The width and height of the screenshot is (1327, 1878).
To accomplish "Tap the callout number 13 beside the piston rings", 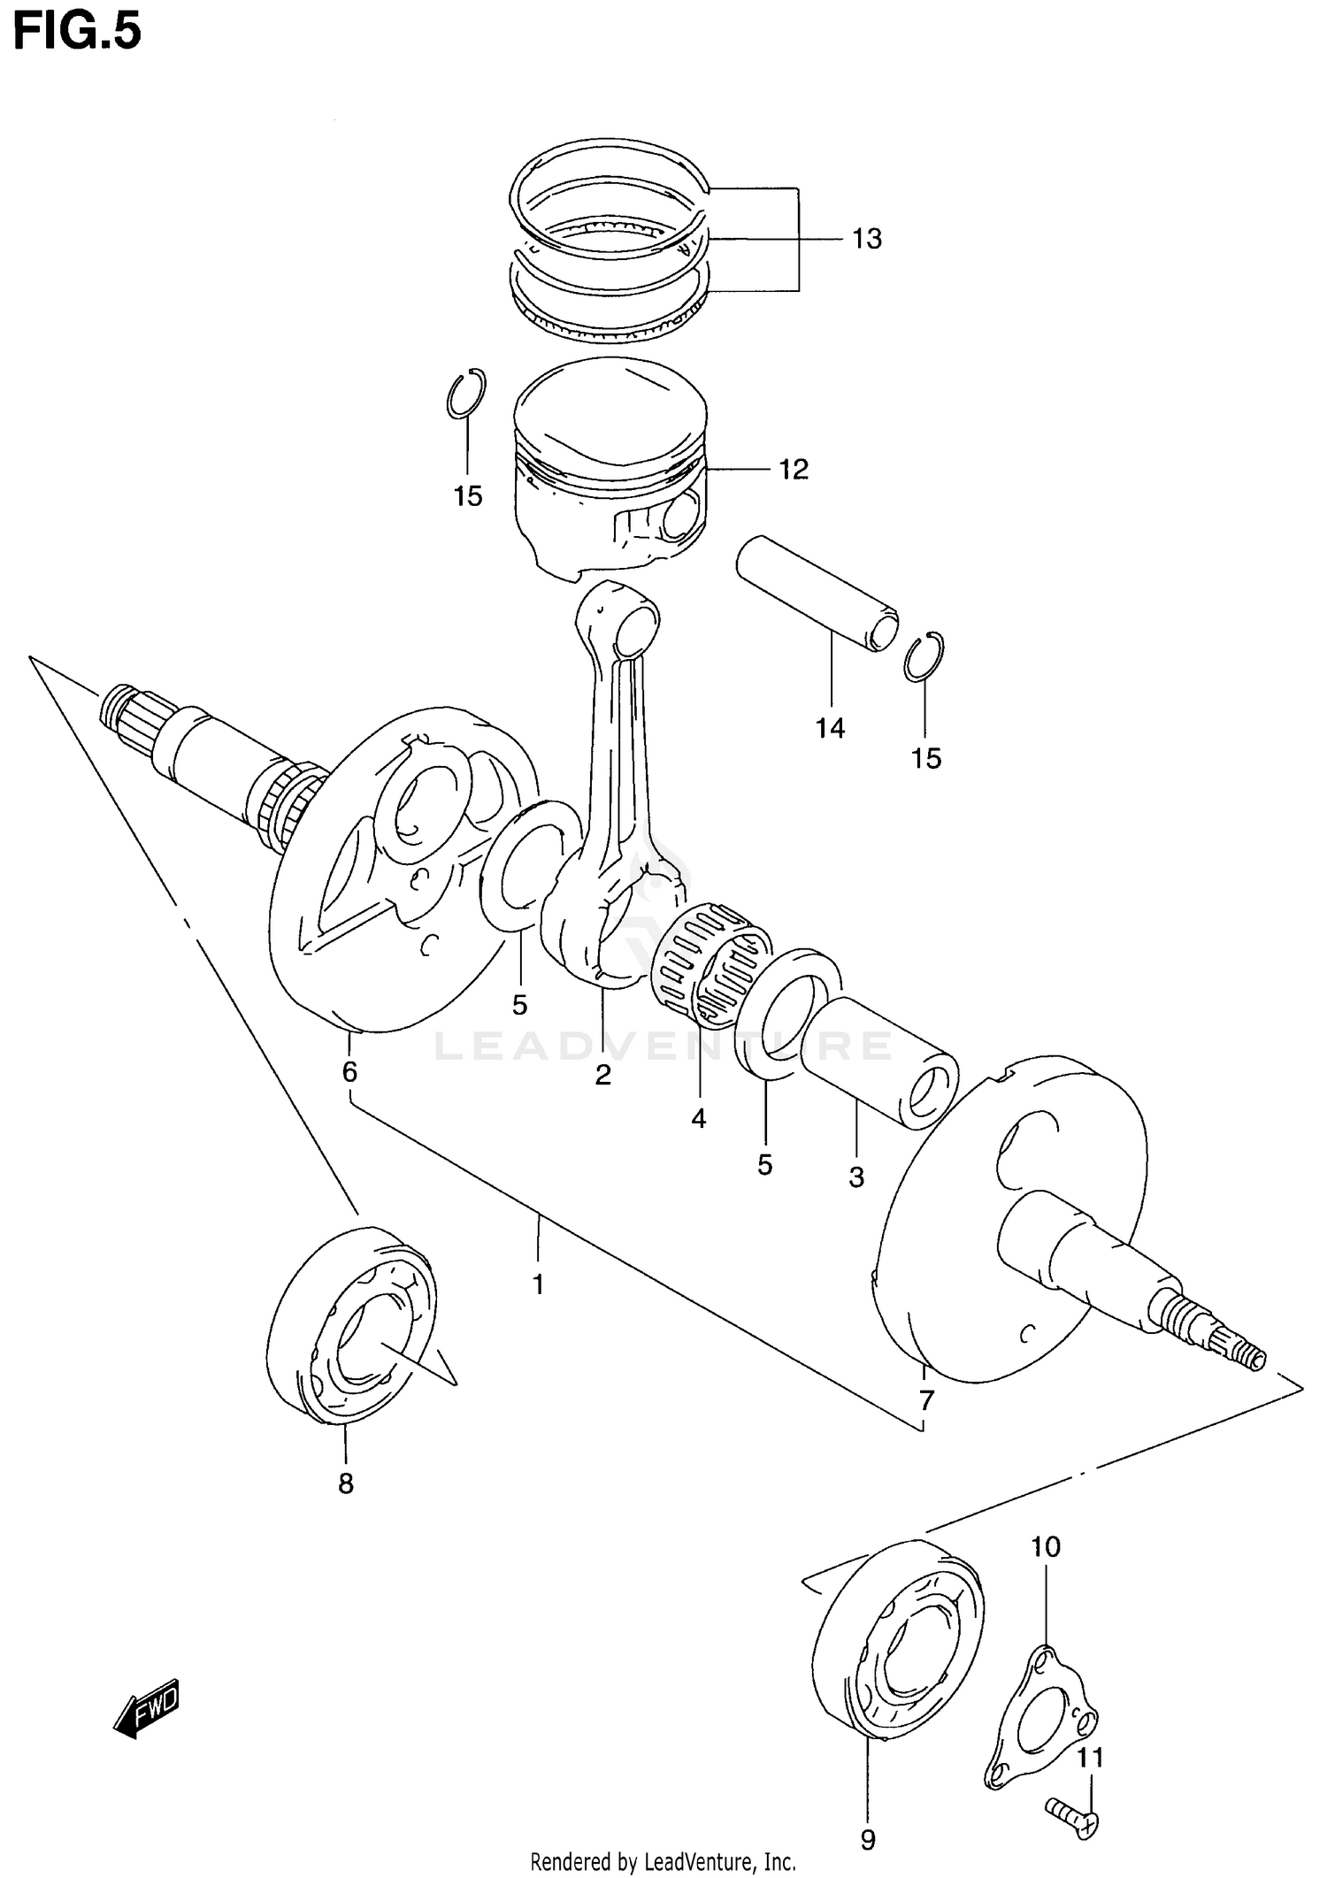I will [867, 239].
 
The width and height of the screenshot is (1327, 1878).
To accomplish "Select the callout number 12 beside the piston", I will [794, 469].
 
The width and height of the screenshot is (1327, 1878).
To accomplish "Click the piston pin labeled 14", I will [814, 593].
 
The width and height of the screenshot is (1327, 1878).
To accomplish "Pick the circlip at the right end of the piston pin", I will [924, 656].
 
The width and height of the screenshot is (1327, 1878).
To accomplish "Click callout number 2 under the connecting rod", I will [602, 1075].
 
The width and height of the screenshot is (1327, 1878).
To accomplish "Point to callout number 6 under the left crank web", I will [349, 1072].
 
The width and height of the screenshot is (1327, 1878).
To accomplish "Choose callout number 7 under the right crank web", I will [926, 1400].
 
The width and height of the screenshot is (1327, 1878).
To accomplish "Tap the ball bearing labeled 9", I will [896, 1641].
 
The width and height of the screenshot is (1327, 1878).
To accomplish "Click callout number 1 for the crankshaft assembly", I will [538, 1284].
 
